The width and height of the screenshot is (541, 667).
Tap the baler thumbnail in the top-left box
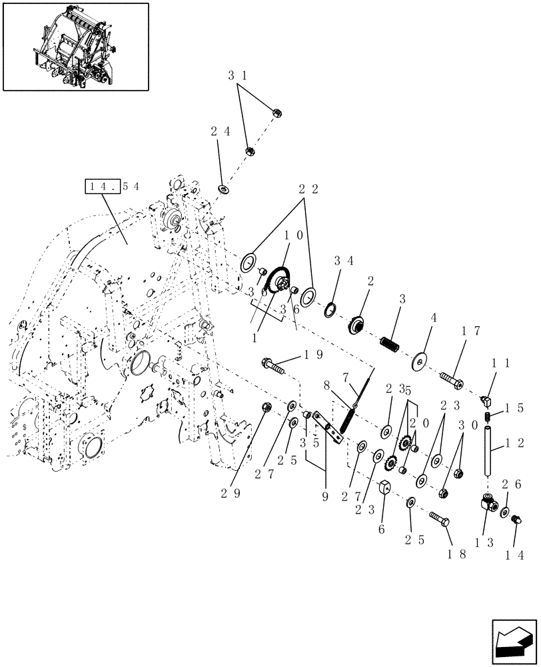pos(75,46)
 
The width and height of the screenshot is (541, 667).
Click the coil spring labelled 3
pos(390,344)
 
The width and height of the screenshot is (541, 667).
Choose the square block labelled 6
pos(384,492)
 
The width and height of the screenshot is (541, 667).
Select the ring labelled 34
pos(328,309)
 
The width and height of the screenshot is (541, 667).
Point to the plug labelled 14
pos(516,520)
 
